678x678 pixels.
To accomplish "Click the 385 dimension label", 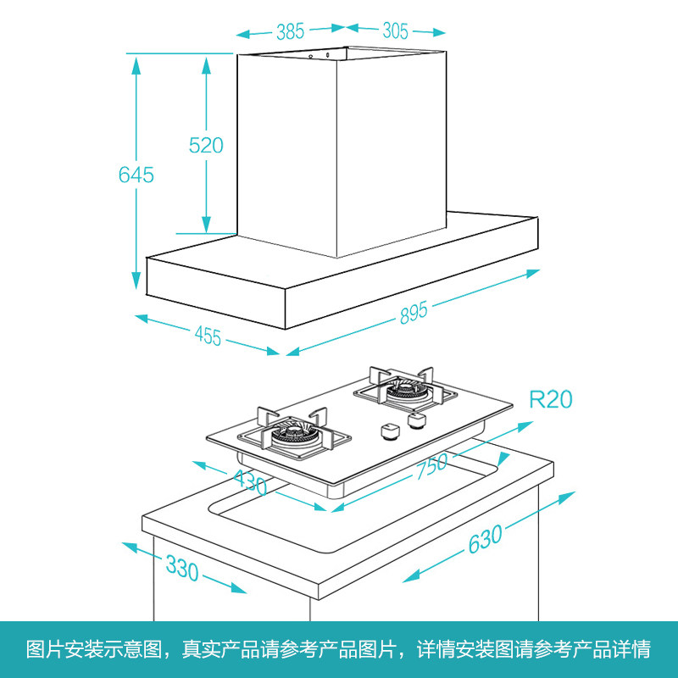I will (290, 32).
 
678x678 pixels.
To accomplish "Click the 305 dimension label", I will (395, 32).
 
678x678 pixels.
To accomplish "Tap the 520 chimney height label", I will (206, 145).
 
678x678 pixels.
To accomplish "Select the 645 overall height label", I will (136, 175).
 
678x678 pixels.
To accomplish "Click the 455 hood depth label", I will (208, 336).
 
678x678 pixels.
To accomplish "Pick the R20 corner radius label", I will (551, 399).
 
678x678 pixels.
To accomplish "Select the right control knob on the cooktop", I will (416, 420).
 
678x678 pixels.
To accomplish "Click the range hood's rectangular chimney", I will (339, 153).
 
